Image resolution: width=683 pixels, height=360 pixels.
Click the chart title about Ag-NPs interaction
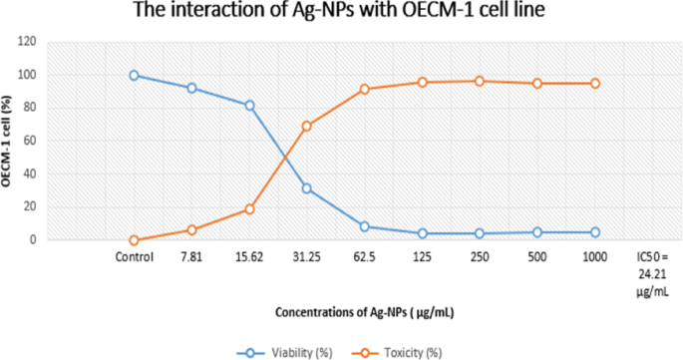[340, 13]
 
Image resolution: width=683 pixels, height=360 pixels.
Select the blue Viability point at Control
[134, 76]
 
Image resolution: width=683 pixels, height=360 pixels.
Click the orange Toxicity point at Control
[134, 240]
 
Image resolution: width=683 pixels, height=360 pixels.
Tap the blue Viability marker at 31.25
[306, 188]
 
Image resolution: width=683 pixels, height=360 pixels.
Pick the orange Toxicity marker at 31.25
[306, 127]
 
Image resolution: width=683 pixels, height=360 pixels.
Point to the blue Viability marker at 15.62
[249, 105]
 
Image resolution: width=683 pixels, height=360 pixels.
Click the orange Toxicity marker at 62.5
[364, 89]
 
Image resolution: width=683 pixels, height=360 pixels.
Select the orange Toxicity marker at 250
[480, 81]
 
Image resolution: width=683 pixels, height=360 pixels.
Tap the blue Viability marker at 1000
[595, 232]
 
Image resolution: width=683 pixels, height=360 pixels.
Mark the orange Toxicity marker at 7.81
[191, 230]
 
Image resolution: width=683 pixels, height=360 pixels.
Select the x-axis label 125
[422, 256]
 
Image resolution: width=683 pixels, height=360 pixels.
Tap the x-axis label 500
[537, 256]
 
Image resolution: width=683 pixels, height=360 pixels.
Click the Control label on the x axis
[134, 256]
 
